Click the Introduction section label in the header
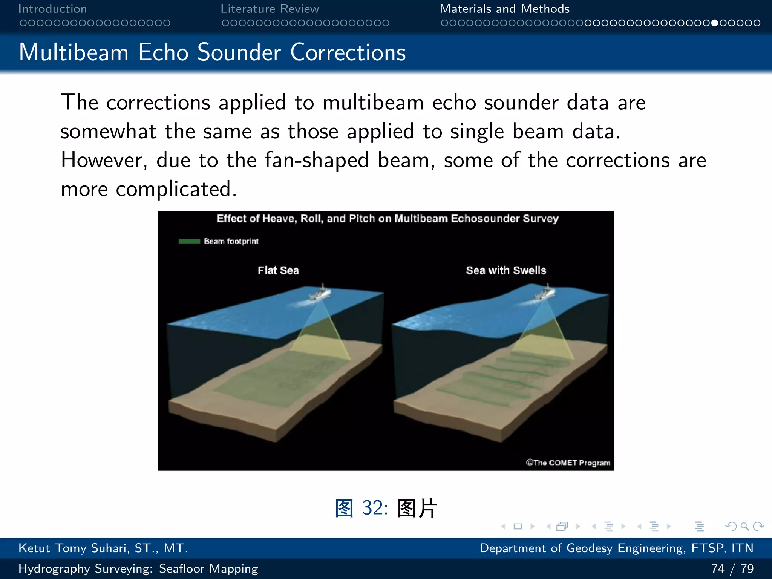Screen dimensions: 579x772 52,9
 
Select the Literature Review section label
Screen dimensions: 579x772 270,9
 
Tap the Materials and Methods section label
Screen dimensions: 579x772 504,9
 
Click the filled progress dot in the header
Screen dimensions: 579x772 715,23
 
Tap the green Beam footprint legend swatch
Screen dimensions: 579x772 189,241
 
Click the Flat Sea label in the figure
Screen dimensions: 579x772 278,270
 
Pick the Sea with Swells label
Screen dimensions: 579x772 506,270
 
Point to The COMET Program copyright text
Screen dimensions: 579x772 568,463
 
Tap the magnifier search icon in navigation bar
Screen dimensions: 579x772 744,526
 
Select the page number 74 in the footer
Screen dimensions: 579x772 717,568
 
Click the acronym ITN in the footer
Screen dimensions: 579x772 742,548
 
